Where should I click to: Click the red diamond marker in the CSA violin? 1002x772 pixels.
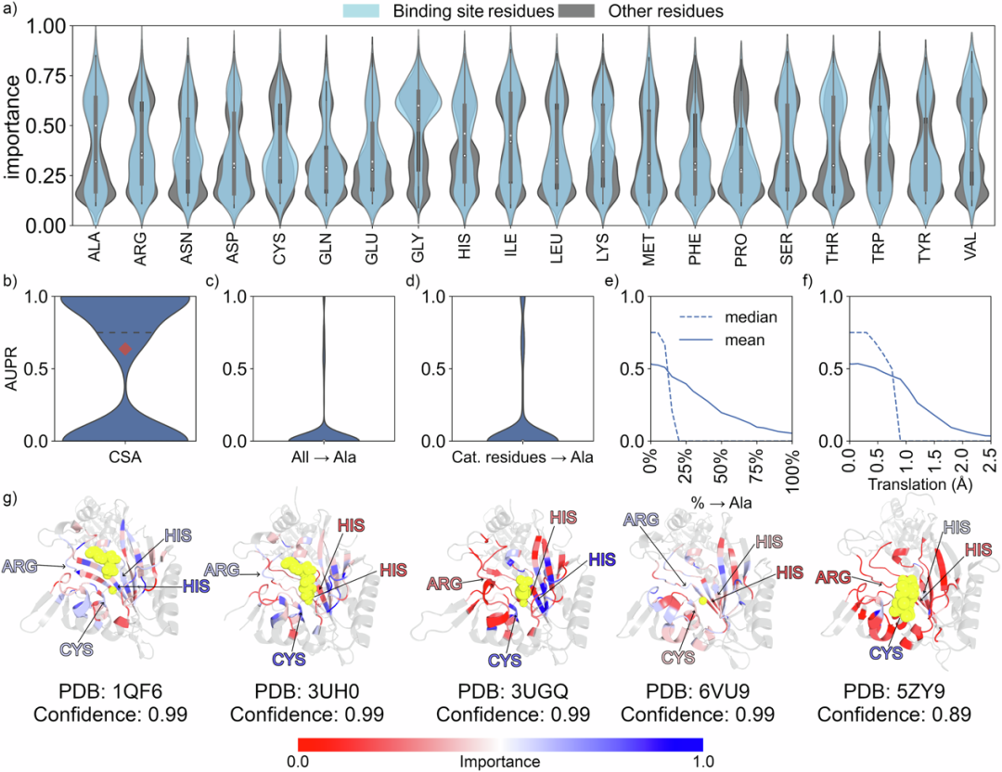[x=126, y=348]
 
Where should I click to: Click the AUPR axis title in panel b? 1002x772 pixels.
[x=12, y=368]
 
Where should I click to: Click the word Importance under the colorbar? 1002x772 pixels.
[x=500, y=760]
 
